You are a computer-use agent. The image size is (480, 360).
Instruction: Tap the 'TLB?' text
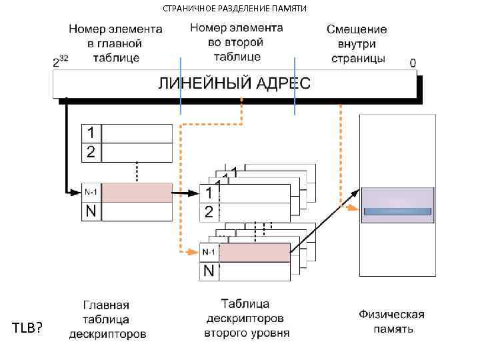pos(27,327)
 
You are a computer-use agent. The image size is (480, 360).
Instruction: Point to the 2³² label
pos(61,62)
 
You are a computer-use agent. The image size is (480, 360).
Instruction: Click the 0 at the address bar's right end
pos(413,62)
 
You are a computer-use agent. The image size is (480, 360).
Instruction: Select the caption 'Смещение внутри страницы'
pos(357,44)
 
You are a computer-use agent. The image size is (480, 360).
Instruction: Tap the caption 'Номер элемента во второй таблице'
pos(237,41)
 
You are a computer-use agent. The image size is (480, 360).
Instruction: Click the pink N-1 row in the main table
pos(137,192)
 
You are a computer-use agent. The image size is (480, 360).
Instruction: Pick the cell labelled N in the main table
pos(91,212)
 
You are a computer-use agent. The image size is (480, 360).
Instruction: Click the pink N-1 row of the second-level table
pos(254,253)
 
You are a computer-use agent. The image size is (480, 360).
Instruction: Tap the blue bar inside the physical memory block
pos(397,211)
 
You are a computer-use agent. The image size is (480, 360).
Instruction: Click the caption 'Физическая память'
pos(392,321)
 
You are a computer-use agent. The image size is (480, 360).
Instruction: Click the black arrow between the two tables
pos(186,194)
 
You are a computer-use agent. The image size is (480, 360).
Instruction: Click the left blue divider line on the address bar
pos(180,85)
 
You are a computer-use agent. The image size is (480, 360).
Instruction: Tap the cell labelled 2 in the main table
pos(91,152)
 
